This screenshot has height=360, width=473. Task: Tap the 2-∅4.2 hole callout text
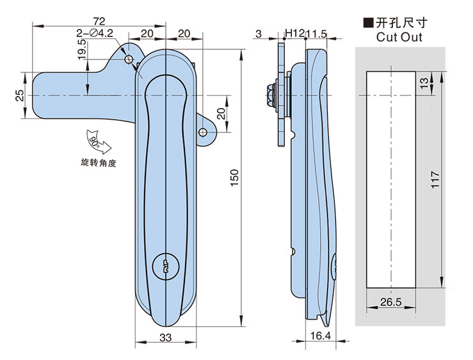click(x=94, y=33)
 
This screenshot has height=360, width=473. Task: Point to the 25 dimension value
click(x=20, y=96)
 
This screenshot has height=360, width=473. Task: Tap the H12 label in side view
click(x=294, y=33)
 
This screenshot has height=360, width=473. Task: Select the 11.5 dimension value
click(x=317, y=33)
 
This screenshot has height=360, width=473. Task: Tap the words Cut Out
click(x=399, y=37)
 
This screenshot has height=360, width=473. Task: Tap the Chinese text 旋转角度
click(x=99, y=163)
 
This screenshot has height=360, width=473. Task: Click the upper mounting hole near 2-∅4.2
click(x=129, y=59)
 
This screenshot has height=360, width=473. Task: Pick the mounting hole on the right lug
click(x=203, y=133)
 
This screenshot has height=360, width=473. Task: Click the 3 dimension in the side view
click(x=258, y=33)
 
